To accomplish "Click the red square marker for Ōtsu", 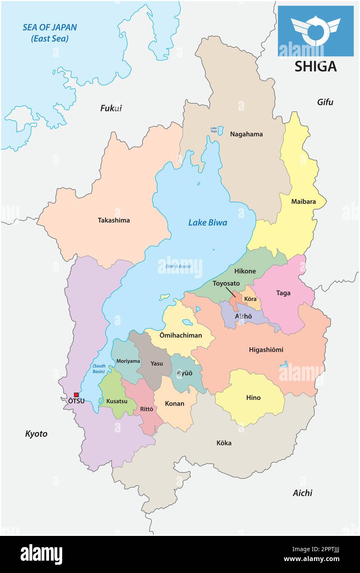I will [76, 395].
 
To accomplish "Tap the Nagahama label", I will [246, 134].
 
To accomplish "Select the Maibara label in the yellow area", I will [303, 202].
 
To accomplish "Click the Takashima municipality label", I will [114, 220].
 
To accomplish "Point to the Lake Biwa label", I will [208, 223].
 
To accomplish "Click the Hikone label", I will [245, 271].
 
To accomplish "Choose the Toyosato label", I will [226, 284].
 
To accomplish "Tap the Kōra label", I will [250, 298].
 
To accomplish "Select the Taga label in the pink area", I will [283, 293].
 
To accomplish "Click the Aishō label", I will [243, 316].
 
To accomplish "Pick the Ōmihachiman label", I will [181, 335].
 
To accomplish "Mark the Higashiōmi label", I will [266, 350].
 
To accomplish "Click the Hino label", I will [253, 398].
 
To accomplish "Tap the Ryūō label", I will [185, 373].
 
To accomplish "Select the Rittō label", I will [147, 409].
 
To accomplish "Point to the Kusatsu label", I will [117, 401].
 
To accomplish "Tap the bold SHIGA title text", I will [316, 66].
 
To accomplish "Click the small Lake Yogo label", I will [213, 129].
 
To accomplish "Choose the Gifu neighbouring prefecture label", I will [325, 102].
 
